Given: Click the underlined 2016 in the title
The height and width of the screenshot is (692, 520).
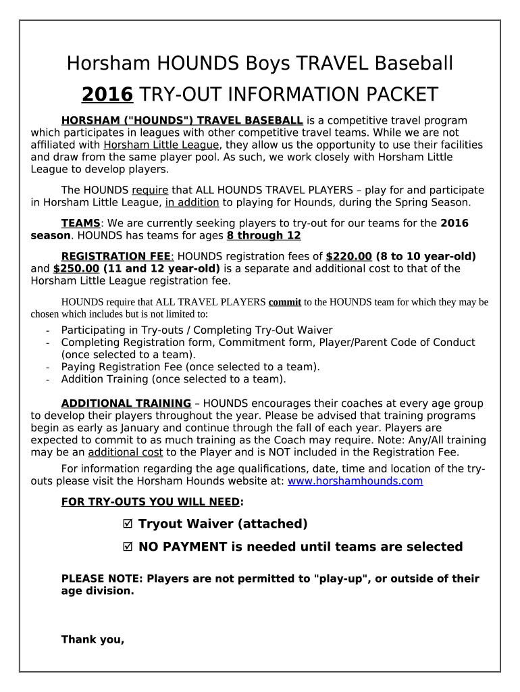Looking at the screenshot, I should (107, 94).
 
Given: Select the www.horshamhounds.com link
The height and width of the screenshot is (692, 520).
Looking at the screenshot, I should (355, 481).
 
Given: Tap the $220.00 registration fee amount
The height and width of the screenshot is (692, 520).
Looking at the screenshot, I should (348, 256).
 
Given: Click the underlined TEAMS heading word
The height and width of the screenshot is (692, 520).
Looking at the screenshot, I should (80, 223).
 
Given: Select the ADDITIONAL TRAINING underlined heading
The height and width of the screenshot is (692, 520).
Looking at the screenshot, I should (126, 403).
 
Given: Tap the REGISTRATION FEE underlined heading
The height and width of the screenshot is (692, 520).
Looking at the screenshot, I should (117, 256).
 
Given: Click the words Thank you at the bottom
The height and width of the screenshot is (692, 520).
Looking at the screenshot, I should (93, 639).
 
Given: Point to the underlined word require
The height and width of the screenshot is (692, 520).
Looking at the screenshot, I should (150, 191).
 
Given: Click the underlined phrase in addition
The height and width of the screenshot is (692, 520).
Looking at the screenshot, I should (192, 202).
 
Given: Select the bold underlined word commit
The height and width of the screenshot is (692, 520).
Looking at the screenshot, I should (284, 302).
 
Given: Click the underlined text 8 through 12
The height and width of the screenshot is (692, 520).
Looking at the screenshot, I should (263, 235).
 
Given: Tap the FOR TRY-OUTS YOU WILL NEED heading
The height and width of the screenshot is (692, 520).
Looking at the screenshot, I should (151, 502).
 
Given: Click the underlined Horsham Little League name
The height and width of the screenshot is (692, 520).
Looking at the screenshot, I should (161, 145).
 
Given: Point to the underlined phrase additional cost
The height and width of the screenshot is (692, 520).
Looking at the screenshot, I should (125, 452).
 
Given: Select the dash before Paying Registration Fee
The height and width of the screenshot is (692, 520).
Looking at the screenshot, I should (47, 367).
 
